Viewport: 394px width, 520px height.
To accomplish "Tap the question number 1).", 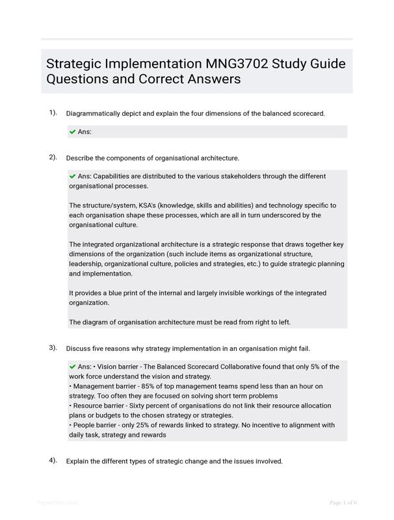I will pos(53,112).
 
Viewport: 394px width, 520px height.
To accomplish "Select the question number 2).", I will pos(53,157).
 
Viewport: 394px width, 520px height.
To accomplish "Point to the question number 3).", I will pos(53,347).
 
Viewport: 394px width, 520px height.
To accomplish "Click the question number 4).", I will pos(53,460).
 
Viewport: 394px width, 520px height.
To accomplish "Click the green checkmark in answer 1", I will pos(72,132).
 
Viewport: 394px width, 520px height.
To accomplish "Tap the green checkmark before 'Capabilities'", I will pos(72,176).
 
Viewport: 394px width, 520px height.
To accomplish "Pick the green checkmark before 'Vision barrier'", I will pos(72,367).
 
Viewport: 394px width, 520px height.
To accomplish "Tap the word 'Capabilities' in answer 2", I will pos(118,176).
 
